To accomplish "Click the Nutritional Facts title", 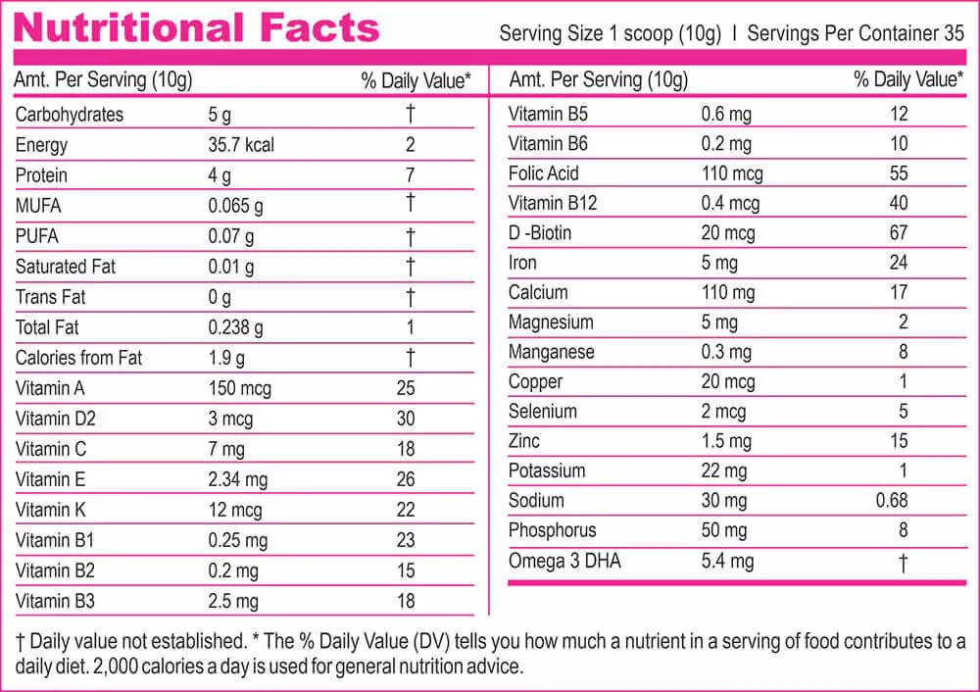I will coord(196,27).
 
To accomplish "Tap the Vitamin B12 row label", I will coord(553,204).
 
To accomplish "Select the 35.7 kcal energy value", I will coord(241,145).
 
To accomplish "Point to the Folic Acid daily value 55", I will coord(899,173).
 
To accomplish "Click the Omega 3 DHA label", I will coord(564,562).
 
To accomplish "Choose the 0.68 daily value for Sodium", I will coord(892,501).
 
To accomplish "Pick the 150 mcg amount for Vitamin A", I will coord(240,388).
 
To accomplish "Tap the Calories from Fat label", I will coord(78,358).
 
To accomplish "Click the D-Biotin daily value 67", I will coord(899,233).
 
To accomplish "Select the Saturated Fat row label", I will coord(67,267).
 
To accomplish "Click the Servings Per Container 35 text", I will coord(856,33).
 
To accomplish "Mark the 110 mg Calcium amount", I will coord(728,292).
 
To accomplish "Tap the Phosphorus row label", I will coord(553,530).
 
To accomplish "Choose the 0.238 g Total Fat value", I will coord(236,327).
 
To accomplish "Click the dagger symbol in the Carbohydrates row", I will coord(411,114).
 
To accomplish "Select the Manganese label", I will coord(551,352).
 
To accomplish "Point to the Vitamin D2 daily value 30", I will coord(406,419).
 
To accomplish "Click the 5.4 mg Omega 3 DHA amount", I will coord(727,562).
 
